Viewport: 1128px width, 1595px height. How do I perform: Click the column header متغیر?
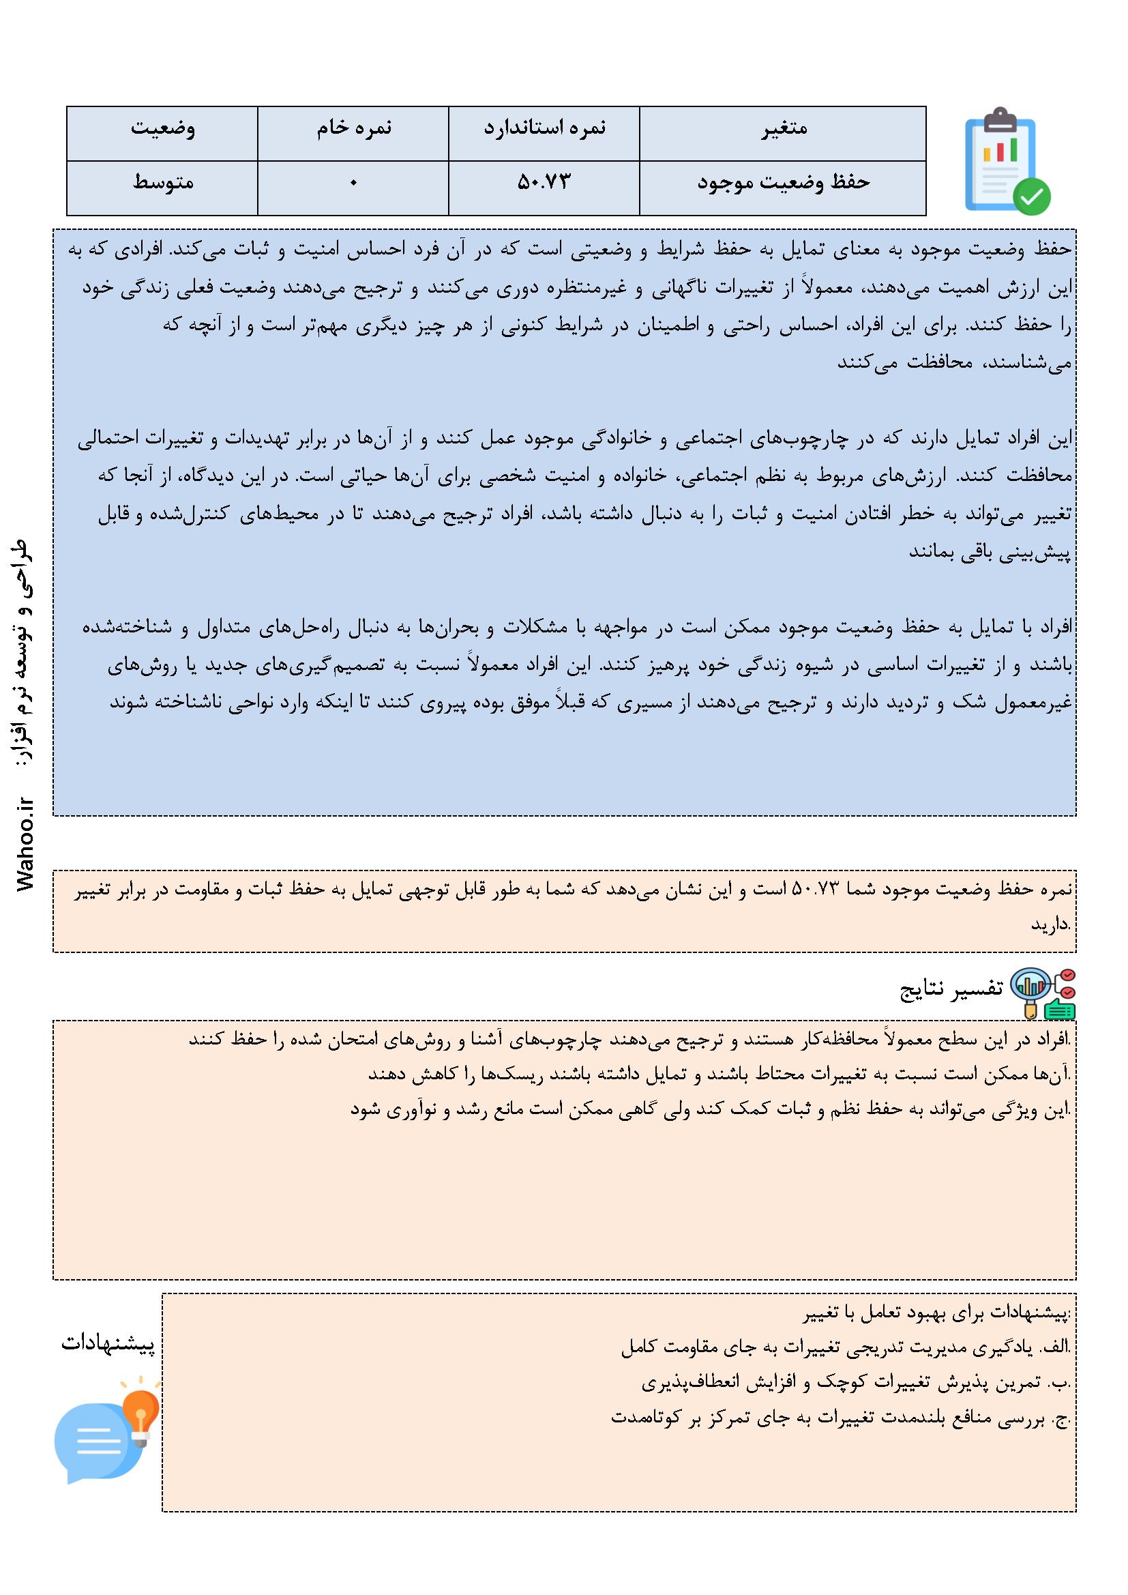click(x=782, y=130)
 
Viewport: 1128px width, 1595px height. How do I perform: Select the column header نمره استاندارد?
click(x=544, y=130)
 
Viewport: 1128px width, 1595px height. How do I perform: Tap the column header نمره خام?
click(x=353, y=130)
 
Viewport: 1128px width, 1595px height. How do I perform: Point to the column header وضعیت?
click(x=162, y=130)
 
